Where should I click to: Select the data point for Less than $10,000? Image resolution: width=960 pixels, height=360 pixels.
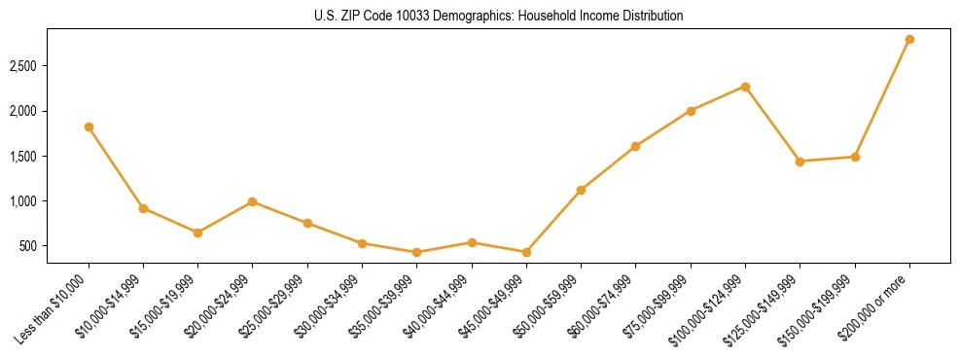coord(89,126)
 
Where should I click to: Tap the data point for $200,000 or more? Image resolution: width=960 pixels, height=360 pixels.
coord(909,39)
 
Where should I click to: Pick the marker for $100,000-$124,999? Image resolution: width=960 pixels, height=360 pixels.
coord(745,87)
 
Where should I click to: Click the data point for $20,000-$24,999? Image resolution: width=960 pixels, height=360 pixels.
coord(253,201)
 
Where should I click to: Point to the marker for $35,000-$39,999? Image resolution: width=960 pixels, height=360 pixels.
coord(417,252)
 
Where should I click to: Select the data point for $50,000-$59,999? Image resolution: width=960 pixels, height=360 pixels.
coord(581,190)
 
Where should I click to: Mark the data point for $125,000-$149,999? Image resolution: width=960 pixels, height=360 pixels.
coord(800,162)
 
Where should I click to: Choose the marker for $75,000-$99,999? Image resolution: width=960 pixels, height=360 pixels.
coord(691,111)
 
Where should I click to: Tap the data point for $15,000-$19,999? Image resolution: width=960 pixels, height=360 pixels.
coord(197,233)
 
